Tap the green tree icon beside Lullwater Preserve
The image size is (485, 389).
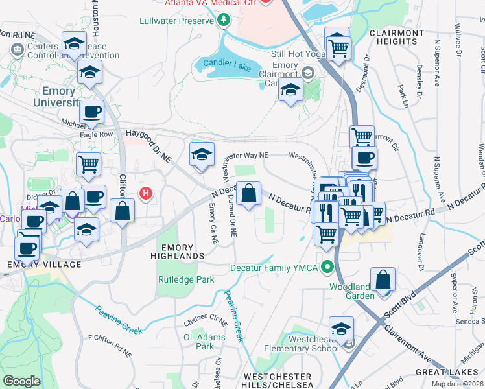pos(224,21)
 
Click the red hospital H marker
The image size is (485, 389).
pos(147,193)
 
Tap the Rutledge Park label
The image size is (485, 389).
pos(186,280)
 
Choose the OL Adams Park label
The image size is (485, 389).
pos(198,342)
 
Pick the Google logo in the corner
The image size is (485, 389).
pos(21,381)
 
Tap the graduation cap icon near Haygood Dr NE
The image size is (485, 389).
pos(202,154)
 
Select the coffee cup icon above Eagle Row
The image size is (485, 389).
pos(91,112)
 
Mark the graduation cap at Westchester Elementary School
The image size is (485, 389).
pos(341,328)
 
